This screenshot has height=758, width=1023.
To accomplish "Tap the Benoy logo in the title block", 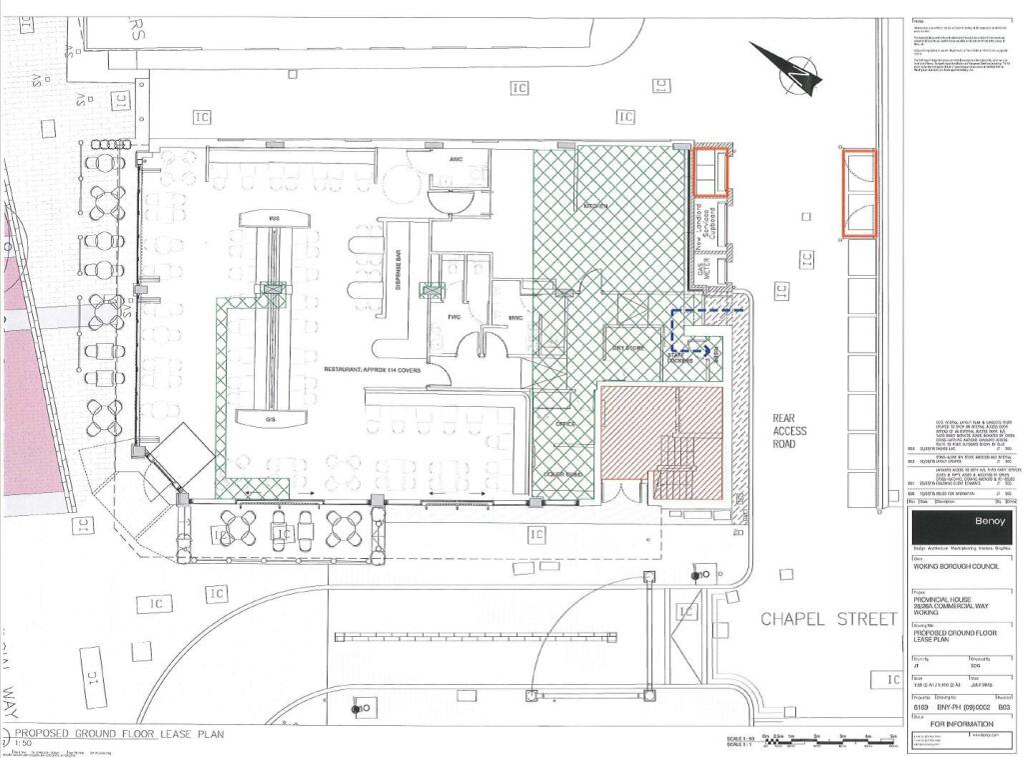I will coord(963,523).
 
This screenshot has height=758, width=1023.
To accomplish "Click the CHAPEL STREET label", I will coord(828,620).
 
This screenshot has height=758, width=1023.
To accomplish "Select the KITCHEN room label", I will coord(596,206).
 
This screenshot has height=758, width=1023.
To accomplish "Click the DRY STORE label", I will coord(625,349).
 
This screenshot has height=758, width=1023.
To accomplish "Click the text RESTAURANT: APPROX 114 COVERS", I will coord(372,370).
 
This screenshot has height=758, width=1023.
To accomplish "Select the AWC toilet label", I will coord(456,160).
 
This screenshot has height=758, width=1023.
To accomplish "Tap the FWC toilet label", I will coord(452,319).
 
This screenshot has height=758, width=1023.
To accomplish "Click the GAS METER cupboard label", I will coord(699,270).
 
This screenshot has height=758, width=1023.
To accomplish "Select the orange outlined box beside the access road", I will coord(859,194).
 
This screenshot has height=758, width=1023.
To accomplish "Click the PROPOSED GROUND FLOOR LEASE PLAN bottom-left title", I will coord(120,734).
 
